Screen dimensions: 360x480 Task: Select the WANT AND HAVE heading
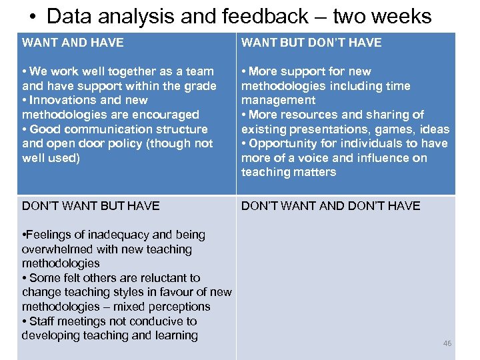coord(73,43)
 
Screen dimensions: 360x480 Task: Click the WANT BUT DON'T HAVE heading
coord(311,43)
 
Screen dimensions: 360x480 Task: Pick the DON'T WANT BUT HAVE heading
coord(91,206)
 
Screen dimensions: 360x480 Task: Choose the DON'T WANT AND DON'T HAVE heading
coord(331,206)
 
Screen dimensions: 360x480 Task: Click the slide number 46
coord(447,343)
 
